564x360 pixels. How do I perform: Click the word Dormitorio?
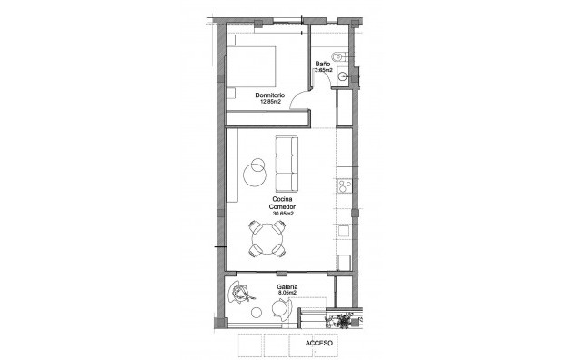tap(270, 95)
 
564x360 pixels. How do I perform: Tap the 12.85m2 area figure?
tap(270, 102)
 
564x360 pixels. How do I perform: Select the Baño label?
tap(322, 64)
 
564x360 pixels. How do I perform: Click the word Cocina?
tap(281, 199)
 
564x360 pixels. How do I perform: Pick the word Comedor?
tap(281, 206)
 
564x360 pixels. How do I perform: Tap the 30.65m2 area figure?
tap(281, 214)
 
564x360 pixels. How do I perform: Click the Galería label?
tap(289, 286)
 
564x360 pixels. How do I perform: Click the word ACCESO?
tap(319, 345)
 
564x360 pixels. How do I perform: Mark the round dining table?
tap(269, 240)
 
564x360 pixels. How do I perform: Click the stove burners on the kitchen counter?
tap(345, 186)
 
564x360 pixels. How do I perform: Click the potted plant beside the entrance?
tap(345, 319)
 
